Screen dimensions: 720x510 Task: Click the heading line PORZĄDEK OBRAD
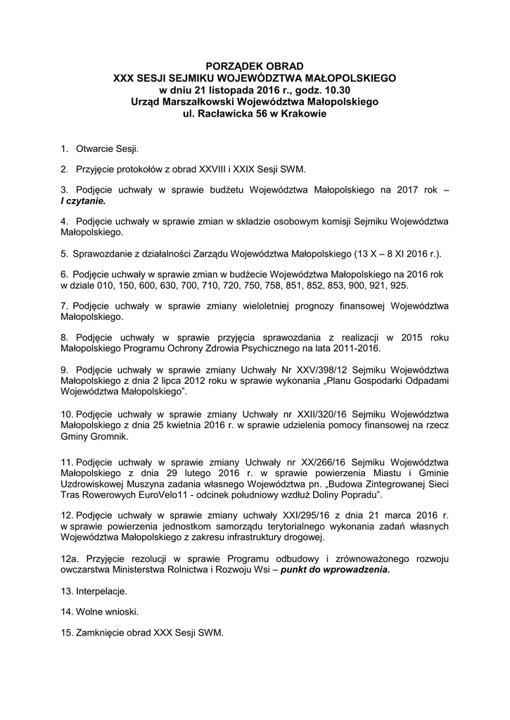pos(255,65)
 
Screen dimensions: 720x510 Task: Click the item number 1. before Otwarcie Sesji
pos(65,148)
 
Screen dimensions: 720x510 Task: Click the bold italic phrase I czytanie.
pos(83,200)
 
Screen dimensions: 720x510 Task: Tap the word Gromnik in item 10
pos(109,436)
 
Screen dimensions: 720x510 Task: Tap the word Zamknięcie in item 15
pos(102,633)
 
